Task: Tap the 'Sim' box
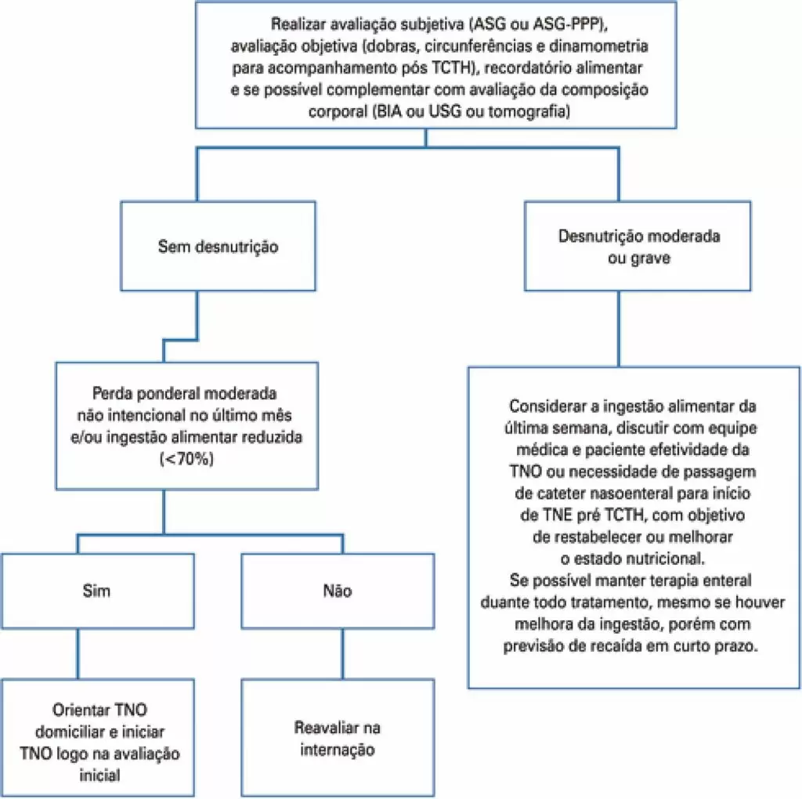[97, 591]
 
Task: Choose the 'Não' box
[337, 591]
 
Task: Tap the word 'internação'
[337, 750]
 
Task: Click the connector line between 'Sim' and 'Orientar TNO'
[76, 653]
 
